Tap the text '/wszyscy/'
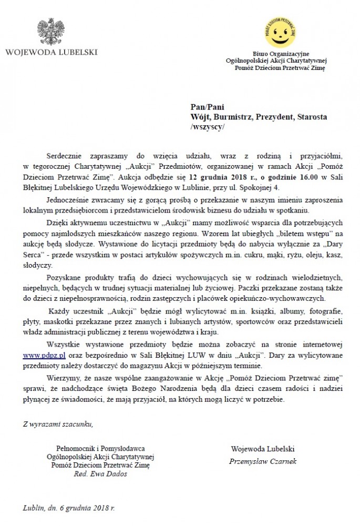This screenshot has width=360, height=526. (x=208, y=127)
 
